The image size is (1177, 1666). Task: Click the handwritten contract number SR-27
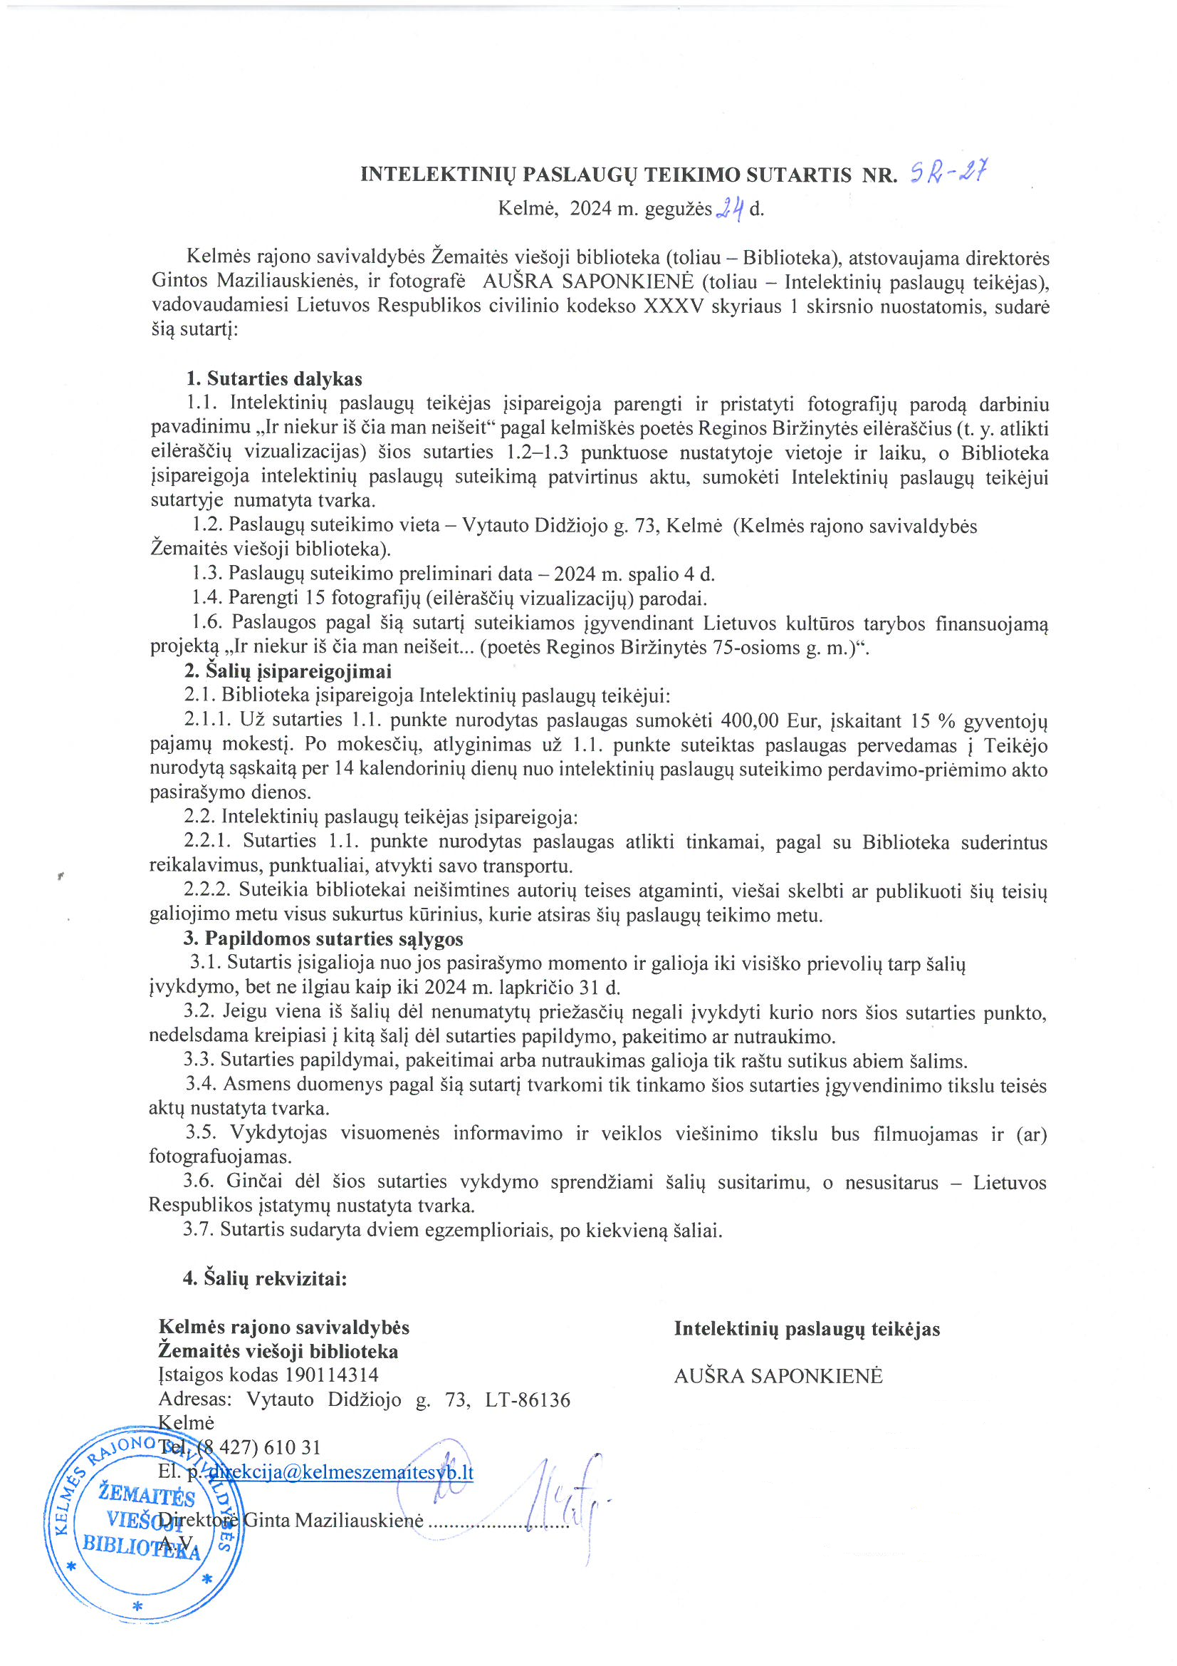[948, 172]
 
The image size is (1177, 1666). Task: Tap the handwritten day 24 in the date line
[731, 209]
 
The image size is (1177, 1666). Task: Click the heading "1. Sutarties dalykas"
[274, 379]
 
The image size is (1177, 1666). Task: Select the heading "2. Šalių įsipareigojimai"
[287, 671]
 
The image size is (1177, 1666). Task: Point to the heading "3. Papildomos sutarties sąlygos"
[323, 939]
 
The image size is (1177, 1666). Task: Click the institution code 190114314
[331, 1375]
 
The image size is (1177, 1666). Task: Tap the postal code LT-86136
[528, 1399]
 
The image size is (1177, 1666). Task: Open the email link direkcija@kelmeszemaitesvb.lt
[341, 1471]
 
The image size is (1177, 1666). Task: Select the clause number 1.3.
[206, 574]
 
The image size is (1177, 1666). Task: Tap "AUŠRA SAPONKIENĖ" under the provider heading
[778, 1376]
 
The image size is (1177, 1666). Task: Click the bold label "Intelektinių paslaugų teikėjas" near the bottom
[807, 1328]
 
